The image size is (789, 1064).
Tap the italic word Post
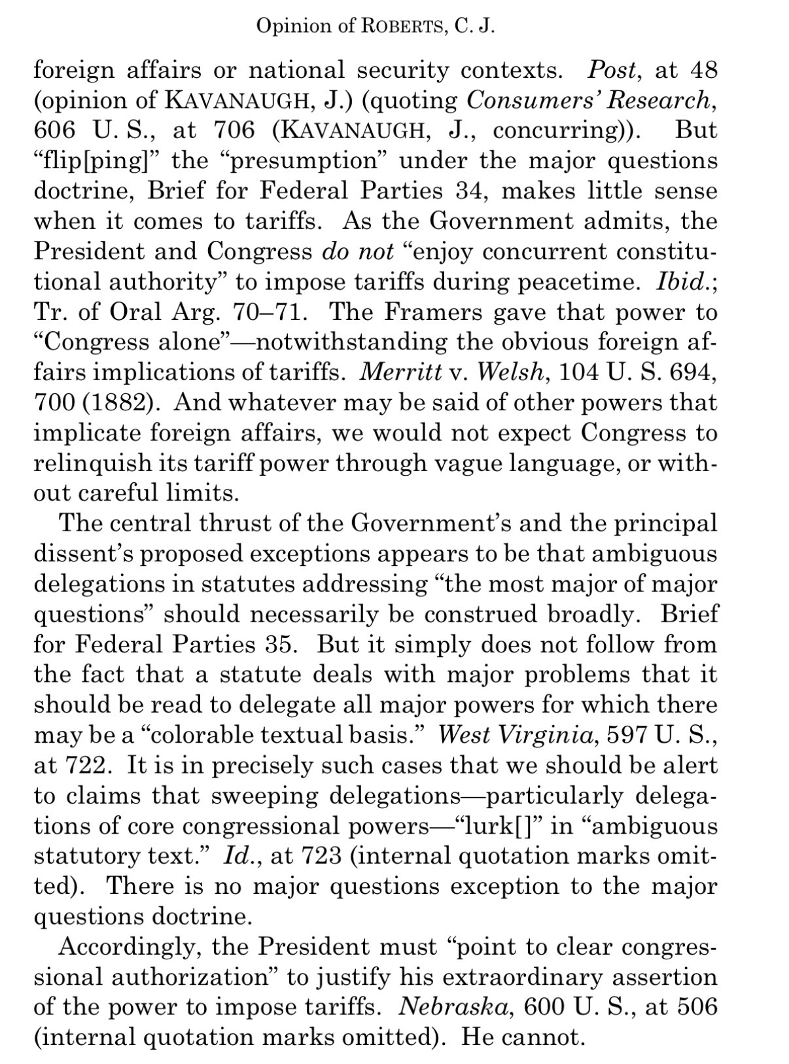612,69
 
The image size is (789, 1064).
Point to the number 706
234,130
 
